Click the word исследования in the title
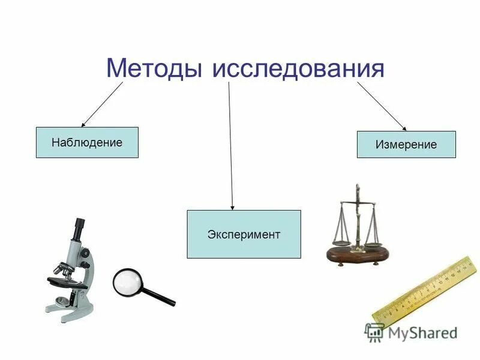298,68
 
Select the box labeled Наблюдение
87,143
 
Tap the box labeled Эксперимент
244,234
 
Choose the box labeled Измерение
406,145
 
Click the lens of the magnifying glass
128,281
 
